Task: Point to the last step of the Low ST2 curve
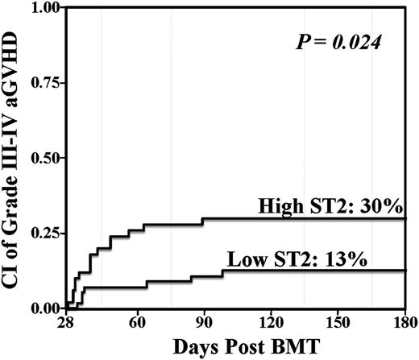coord(223,274)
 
